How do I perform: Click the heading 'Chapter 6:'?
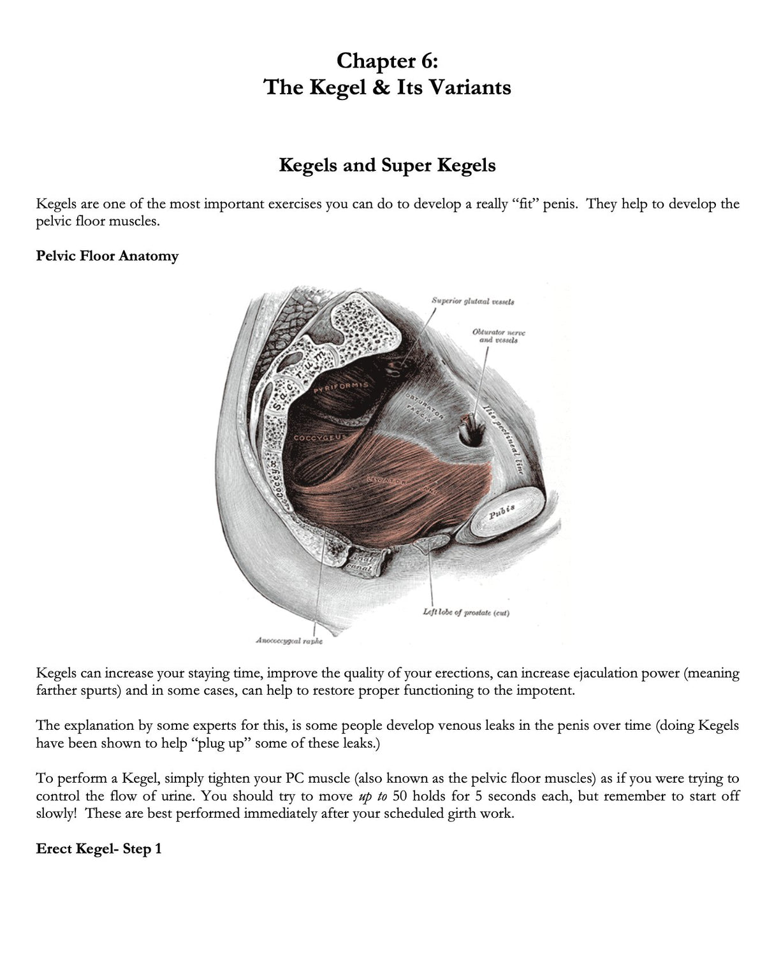(x=387, y=61)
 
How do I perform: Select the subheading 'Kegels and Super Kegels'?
(x=387, y=165)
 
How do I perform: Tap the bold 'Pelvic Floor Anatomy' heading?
(x=107, y=256)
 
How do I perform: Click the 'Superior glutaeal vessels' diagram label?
(x=472, y=301)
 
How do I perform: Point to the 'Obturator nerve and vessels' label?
(x=499, y=336)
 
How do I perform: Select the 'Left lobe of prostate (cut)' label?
(x=466, y=613)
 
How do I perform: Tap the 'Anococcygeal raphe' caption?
(x=289, y=641)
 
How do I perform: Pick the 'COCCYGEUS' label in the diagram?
(x=319, y=438)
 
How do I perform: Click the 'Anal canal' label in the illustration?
(x=360, y=563)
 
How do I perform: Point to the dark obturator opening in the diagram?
(x=472, y=433)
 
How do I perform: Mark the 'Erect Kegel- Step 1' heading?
(x=99, y=849)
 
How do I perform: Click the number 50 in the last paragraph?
(x=400, y=796)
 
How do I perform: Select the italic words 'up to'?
(x=373, y=796)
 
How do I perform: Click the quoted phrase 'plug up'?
(x=219, y=744)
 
